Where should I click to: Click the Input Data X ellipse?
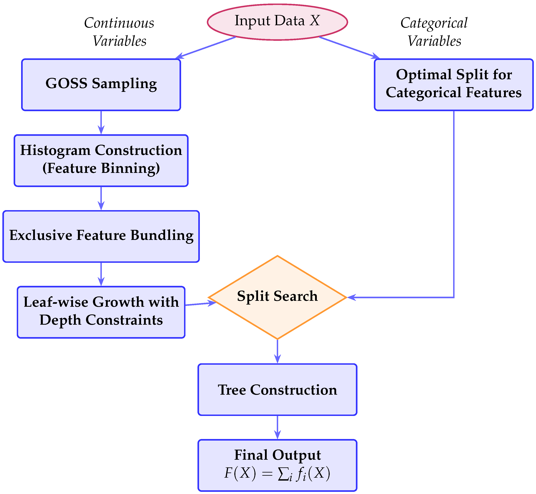pyautogui.click(x=277, y=22)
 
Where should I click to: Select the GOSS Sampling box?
pyautogui.click(x=101, y=85)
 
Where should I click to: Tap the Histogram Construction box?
pyautogui.click(x=101, y=160)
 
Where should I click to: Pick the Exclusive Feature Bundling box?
pyautogui.click(x=101, y=236)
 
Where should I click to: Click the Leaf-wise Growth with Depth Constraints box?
pyautogui.click(x=101, y=312)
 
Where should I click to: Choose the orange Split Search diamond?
pyautogui.click(x=277, y=297)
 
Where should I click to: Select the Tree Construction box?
pyautogui.click(x=277, y=390)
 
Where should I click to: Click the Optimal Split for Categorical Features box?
pyautogui.click(x=454, y=85)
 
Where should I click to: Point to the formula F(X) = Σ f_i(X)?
pyautogui.click(x=277, y=473)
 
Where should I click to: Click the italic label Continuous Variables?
pyautogui.click(x=119, y=32)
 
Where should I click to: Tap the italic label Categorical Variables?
pyautogui.click(x=434, y=32)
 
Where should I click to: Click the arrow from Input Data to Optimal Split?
pyautogui.click(x=349, y=47)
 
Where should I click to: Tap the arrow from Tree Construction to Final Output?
pyautogui.click(x=277, y=427)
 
